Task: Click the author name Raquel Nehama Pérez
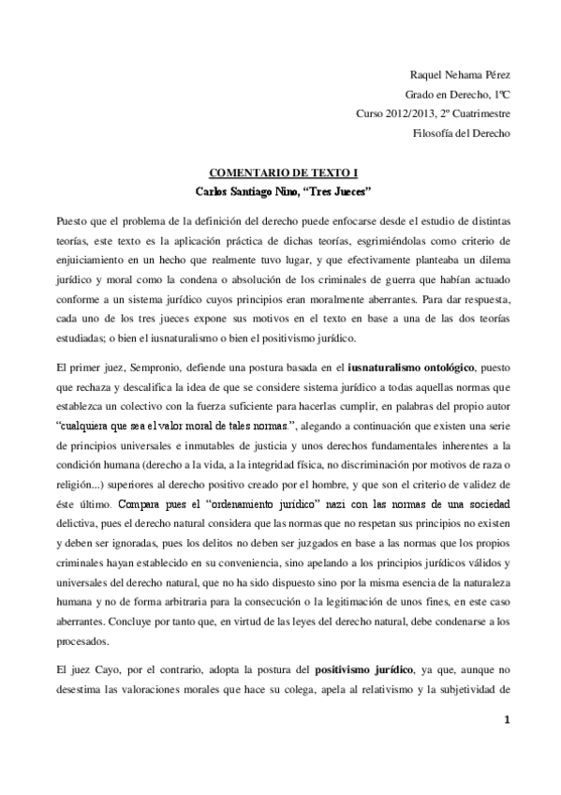461,74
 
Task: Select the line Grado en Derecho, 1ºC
457,94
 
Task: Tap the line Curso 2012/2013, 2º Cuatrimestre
433,113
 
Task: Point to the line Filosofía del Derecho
461,133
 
